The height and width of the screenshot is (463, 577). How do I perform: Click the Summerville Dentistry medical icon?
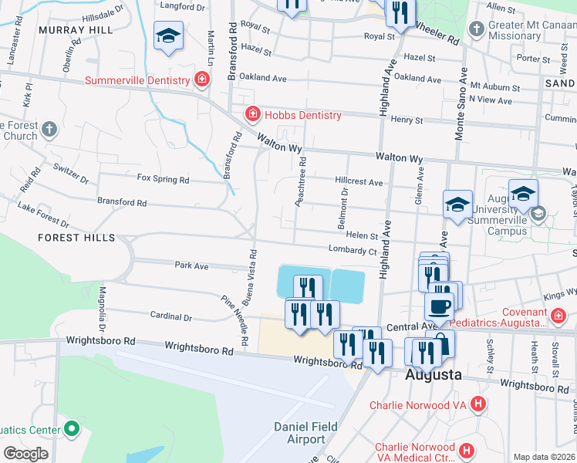tap(202, 79)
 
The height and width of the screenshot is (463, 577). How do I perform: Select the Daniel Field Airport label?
tap(300, 433)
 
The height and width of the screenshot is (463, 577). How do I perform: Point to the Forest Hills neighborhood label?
tap(76, 238)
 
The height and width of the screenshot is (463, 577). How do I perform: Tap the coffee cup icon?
tap(440, 306)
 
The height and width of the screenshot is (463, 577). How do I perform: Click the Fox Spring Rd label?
tap(163, 179)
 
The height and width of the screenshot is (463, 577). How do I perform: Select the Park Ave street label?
tap(191, 265)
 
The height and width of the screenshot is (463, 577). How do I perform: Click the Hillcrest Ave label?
tap(359, 182)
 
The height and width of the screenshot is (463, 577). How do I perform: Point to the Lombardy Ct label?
tap(352, 250)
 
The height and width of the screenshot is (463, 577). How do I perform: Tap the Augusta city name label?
tap(434, 375)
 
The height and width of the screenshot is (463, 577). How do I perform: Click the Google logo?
tap(25, 454)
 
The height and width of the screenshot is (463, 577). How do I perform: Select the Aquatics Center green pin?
tap(72, 427)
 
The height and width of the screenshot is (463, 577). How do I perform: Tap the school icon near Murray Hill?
tap(168, 35)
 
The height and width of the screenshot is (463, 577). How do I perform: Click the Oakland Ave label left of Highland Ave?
tap(263, 78)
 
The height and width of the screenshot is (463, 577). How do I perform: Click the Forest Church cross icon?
tap(49, 129)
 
